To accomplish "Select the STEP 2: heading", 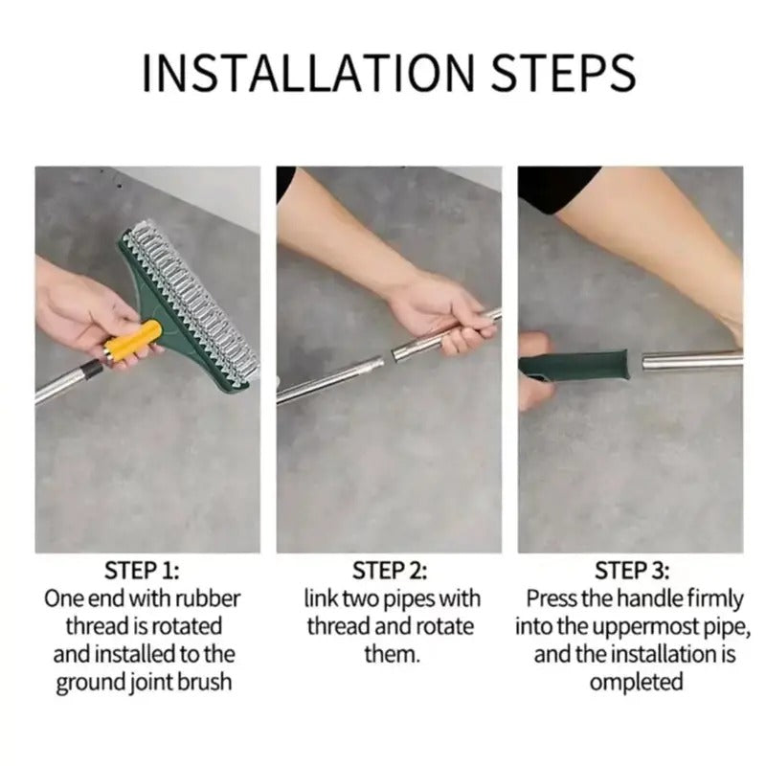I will pyautogui.click(x=390, y=572).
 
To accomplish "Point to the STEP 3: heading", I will pyautogui.click(x=631, y=572).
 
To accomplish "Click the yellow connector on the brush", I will pyautogui.click(x=133, y=343).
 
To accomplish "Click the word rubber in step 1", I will pyautogui.click(x=207, y=599).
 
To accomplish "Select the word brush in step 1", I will pyautogui.click(x=209, y=684).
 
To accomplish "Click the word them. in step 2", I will pyautogui.click(x=389, y=655).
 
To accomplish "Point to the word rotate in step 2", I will pyautogui.click(x=442, y=627).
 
